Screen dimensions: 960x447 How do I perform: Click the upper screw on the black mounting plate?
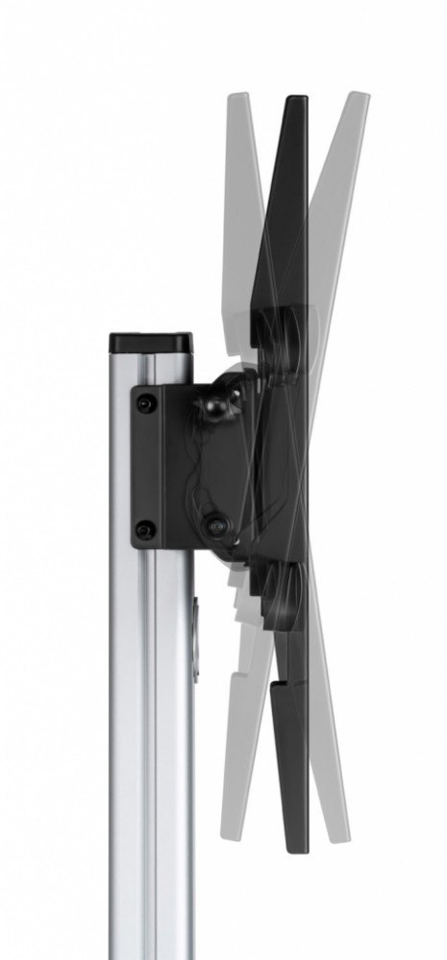point(145,405)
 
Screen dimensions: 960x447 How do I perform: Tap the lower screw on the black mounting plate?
point(145,528)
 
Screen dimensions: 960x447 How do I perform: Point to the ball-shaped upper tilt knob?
point(212,407)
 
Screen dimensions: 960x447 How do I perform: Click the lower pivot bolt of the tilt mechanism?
point(216,526)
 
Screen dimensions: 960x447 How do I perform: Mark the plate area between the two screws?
point(145,467)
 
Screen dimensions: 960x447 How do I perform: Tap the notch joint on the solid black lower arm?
point(280,683)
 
